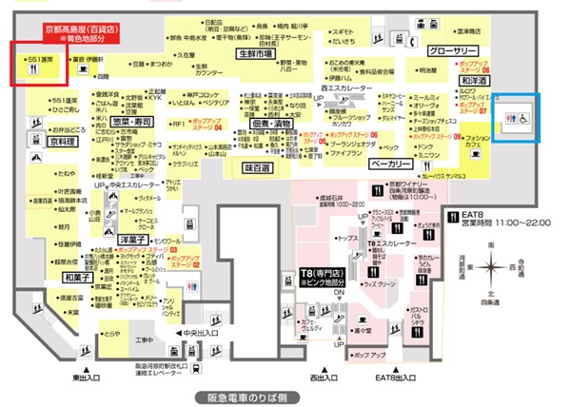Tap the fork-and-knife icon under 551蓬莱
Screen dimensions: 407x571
[x=22, y=68]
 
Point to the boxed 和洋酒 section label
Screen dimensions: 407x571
[x=474, y=83]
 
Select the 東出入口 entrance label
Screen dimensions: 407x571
[x=86, y=376]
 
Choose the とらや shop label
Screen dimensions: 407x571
[x=112, y=334]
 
